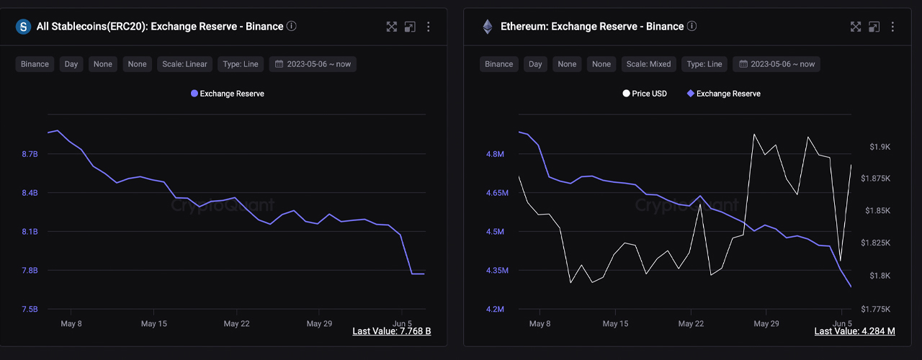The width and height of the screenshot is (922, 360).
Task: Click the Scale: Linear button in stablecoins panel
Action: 185,64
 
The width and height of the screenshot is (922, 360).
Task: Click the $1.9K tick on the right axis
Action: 880,147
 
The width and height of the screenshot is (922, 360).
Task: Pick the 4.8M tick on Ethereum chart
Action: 494,155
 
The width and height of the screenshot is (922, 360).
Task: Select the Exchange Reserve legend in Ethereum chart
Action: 724,94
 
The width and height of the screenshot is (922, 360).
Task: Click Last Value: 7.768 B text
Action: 391,331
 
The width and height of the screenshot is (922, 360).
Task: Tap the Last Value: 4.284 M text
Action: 854,331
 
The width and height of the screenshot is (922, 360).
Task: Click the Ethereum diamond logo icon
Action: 488,27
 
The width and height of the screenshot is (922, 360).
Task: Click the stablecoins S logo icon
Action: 23,27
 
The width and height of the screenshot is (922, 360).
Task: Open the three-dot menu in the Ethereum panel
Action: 892,27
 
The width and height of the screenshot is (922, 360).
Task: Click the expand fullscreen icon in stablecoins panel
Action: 391,27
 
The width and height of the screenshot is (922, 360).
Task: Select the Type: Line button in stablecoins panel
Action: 241,64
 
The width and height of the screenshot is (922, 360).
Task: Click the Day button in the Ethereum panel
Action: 535,64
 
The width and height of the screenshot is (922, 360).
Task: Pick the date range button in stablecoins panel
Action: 313,64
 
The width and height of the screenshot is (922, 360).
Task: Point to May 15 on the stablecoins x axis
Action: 153,324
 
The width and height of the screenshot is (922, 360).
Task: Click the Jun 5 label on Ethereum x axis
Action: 842,324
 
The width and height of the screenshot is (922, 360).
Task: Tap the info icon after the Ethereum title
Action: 691,26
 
